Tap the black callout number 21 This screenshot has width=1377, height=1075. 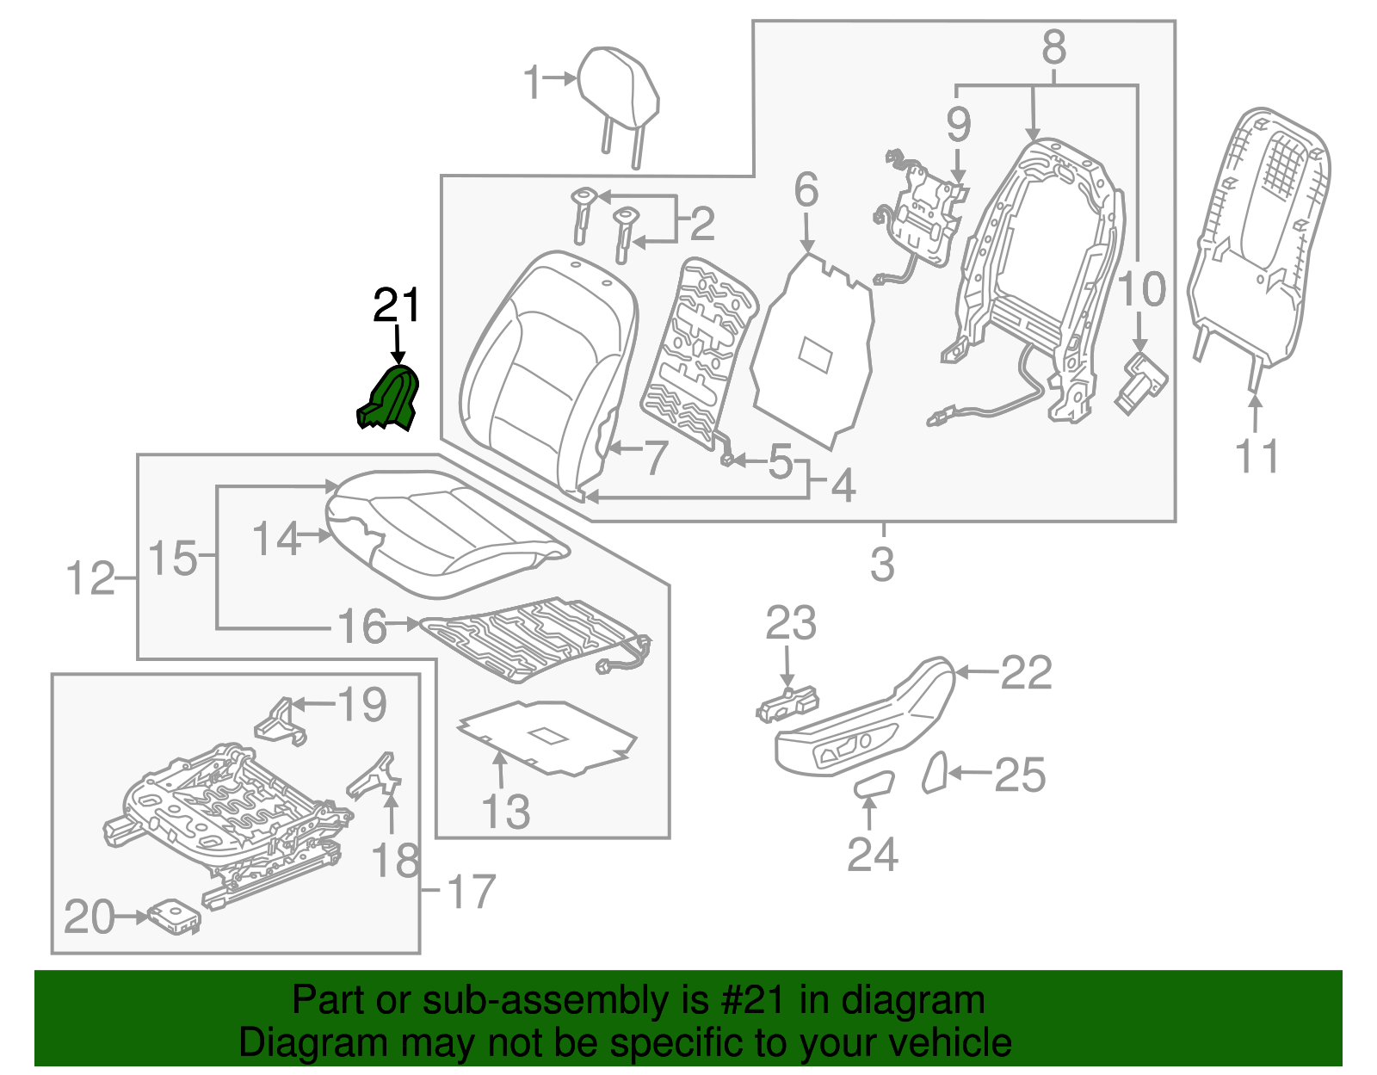tap(397, 306)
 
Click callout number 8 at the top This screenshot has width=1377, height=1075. tap(1053, 47)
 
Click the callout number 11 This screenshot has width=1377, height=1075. tap(1257, 455)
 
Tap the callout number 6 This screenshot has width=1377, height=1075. tap(806, 189)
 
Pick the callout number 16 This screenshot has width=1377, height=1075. tap(361, 626)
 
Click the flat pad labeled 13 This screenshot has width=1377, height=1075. tap(546, 736)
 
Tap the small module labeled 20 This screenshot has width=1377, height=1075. tap(175, 917)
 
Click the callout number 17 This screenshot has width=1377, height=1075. tap(472, 892)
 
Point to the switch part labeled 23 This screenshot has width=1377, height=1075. tap(787, 703)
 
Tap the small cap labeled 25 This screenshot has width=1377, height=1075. tap(935, 772)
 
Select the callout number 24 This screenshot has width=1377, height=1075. tap(872, 854)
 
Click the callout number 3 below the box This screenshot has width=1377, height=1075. tap(882, 565)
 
